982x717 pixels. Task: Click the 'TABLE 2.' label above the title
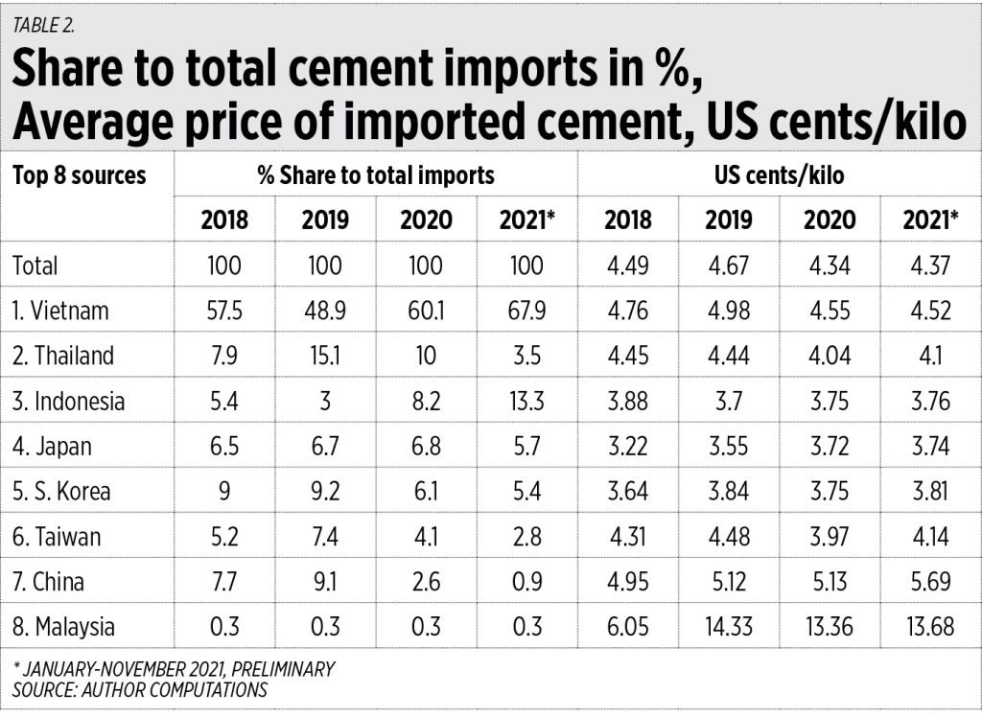pyautogui.click(x=43, y=26)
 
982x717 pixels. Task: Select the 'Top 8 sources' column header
pyautogui.click(x=80, y=175)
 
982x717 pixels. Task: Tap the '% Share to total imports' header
pyautogui.click(x=376, y=175)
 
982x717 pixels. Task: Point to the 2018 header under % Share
pyautogui.click(x=224, y=220)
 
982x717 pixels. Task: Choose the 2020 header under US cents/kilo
pyautogui.click(x=830, y=220)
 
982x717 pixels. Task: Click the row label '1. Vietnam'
pyautogui.click(x=60, y=311)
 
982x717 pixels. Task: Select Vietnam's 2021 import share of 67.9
pyautogui.click(x=526, y=311)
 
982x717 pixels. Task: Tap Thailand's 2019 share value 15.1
pyautogui.click(x=325, y=356)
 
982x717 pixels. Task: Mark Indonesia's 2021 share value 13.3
pyautogui.click(x=526, y=401)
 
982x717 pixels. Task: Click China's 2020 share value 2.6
pyautogui.click(x=426, y=581)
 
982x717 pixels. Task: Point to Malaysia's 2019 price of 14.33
pyautogui.click(x=729, y=627)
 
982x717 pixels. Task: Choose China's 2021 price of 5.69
pyautogui.click(x=929, y=581)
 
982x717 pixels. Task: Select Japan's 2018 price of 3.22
pyautogui.click(x=627, y=446)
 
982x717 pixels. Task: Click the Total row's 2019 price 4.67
pyautogui.click(x=729, y=265)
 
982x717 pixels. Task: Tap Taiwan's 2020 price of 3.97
pyautogui.click(x=830, y=536)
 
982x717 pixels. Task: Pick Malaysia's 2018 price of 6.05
pyautogui.click(x=627, y=627)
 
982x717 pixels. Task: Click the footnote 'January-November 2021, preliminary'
pyautogui.click(x=174, y=669)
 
